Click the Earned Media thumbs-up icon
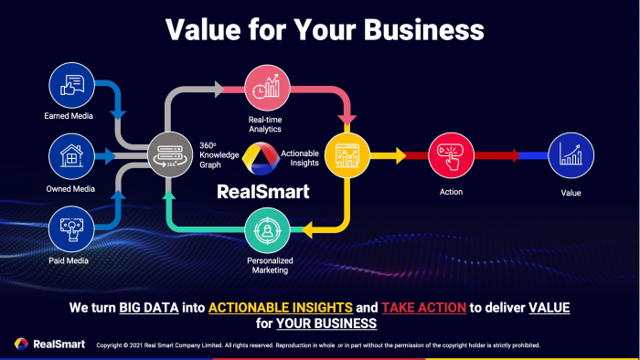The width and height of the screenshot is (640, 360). (72, 85)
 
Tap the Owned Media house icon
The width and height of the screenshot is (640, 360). (72, 156)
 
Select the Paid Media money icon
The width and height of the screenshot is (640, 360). (71, 228)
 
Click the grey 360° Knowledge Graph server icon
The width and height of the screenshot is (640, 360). (170, 154)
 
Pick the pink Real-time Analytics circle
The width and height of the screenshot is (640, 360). (267, 88)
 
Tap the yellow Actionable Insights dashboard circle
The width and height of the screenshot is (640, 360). (347, 155)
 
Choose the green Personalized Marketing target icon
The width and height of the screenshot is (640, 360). (267, 230)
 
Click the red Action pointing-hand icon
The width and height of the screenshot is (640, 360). (451, 155)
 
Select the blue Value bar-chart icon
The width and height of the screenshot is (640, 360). (571, 155)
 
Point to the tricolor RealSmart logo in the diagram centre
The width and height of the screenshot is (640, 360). (261, 158)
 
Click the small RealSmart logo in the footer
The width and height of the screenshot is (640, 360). (21, 344)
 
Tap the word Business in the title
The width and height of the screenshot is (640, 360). (423, 30)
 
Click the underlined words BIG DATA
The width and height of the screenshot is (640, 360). (149, 308)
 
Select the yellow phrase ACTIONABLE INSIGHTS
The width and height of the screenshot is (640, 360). (281, 308)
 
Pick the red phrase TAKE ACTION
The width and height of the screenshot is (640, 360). (423, 308)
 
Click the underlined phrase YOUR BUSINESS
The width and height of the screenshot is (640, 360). (326, 323)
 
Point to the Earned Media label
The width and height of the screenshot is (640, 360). (69, 116)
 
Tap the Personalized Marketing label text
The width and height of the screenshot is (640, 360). (270, 265)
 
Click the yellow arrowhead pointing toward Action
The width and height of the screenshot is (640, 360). (400, 155)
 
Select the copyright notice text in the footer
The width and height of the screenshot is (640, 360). (318, 345)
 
